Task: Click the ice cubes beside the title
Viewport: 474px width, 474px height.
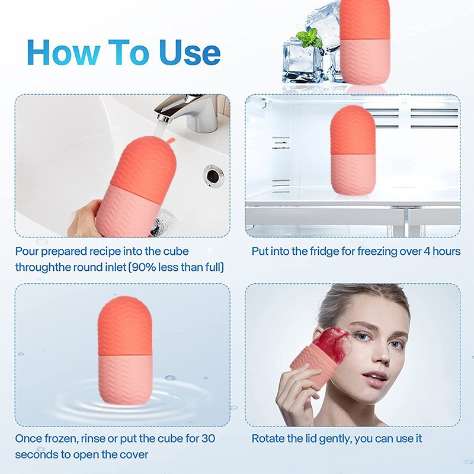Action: [x=305, y=56]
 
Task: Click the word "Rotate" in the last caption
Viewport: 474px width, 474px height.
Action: [x=268, y=439]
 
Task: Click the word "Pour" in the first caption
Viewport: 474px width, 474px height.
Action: [x=27, y=251]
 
